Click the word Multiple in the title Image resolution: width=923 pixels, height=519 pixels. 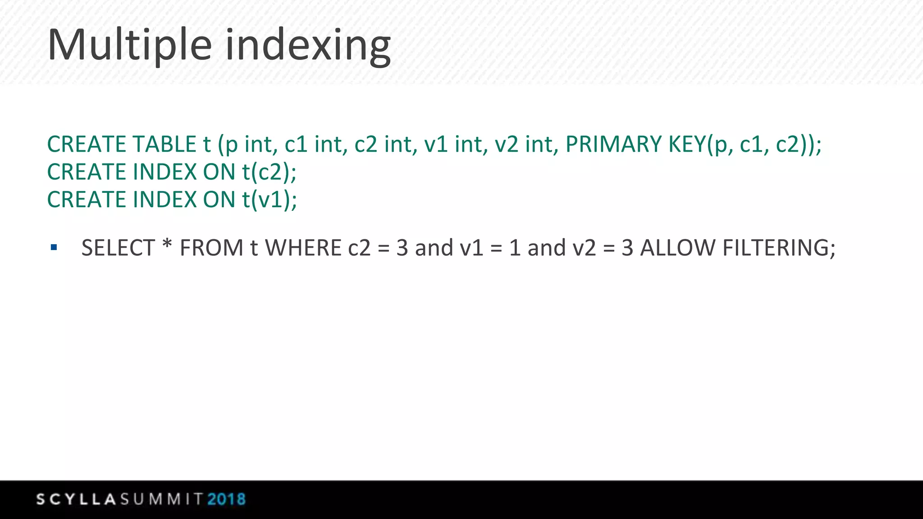129,45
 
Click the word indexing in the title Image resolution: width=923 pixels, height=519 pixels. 308,45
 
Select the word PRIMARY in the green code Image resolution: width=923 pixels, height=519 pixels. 613,145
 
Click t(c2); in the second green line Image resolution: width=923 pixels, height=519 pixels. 269,172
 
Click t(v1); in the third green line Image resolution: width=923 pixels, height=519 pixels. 270,200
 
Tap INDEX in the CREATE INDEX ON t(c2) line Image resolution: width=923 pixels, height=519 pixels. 165,172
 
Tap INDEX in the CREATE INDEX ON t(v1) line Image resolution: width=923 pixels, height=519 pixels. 165,200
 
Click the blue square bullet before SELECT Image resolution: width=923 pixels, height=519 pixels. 54,247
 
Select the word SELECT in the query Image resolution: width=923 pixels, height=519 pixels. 118,248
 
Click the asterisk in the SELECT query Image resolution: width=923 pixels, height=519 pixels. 167,246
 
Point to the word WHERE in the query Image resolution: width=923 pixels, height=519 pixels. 303,248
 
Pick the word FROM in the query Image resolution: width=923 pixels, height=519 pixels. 211,248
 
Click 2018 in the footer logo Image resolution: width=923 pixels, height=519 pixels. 226,499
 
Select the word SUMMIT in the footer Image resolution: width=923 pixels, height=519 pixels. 161,499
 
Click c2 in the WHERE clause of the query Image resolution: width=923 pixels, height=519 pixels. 359,248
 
